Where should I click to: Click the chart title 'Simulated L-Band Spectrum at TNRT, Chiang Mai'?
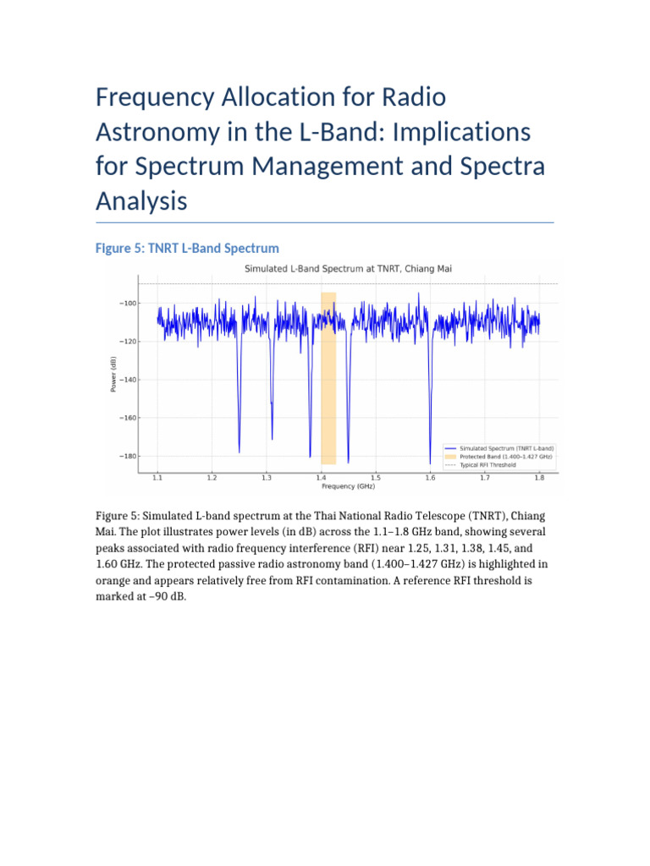[348, 268]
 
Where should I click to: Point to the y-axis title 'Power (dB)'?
[114, 373]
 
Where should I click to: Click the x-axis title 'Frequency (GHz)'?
[348, 486]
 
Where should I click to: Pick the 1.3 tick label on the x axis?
[267, 478]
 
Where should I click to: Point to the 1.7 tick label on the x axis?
[485, 478]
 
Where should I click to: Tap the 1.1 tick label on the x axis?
[157, 478]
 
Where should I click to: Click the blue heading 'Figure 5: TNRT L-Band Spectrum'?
[187, 248]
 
